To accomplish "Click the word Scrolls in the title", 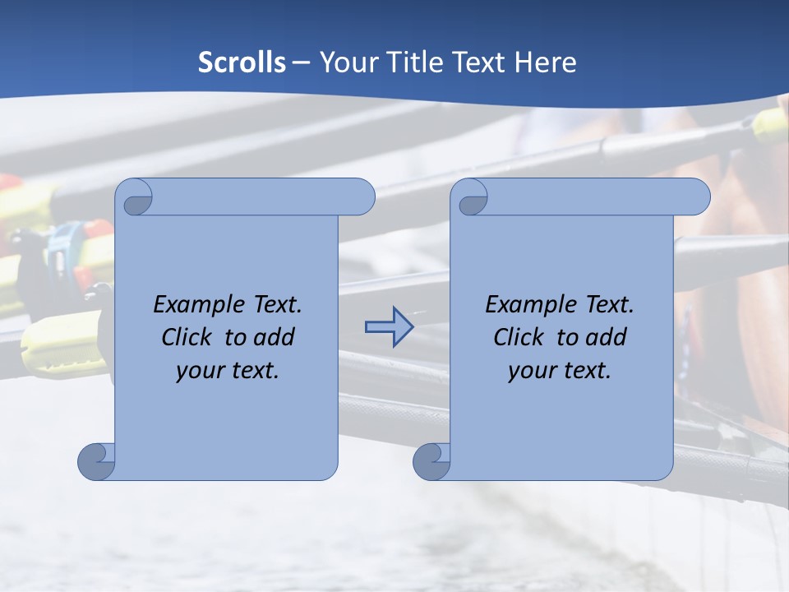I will pos(242,62).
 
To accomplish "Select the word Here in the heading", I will pos(546,62).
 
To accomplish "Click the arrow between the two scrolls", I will pos(389,327).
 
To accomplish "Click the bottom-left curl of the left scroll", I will pos(96,461).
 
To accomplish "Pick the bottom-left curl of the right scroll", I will pos(431,461).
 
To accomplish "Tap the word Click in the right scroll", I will pos(519,337).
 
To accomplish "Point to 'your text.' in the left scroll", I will pos(228,370).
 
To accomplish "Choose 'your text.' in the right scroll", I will pos(560,370).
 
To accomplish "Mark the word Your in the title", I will pos(345,62).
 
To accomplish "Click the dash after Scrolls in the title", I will pos(301,62).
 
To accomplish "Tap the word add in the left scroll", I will pos(274,337).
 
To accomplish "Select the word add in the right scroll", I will pos(606,337).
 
